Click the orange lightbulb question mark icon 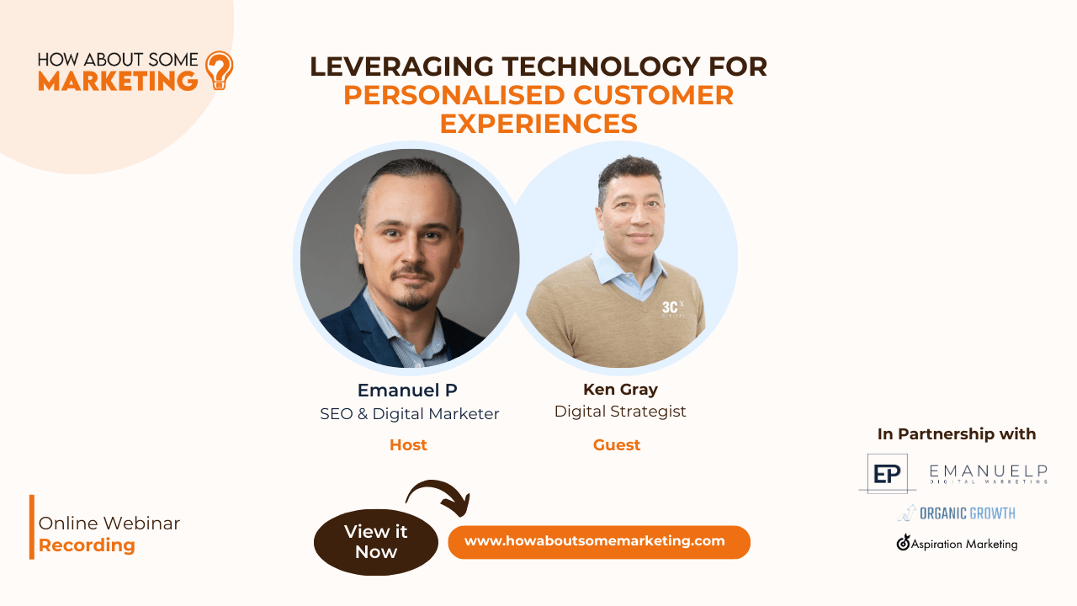(220, 70)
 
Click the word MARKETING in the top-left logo (118, 81)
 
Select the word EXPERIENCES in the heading (538, 124)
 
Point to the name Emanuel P (407, 390)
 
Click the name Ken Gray (620, 389)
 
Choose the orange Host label (408, 445)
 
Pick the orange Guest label (617, 445)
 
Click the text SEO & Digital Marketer (410, 413)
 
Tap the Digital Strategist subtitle (620, 412)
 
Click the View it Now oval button (376, 542)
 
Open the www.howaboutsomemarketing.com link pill (599, 542)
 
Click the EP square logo (887, 474)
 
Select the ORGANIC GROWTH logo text (968, 513)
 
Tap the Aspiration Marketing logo (957, 543)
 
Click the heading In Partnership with (957, 433)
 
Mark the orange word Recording (87, 545)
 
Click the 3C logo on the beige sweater (672, 308)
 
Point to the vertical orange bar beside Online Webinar (32, 527)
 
